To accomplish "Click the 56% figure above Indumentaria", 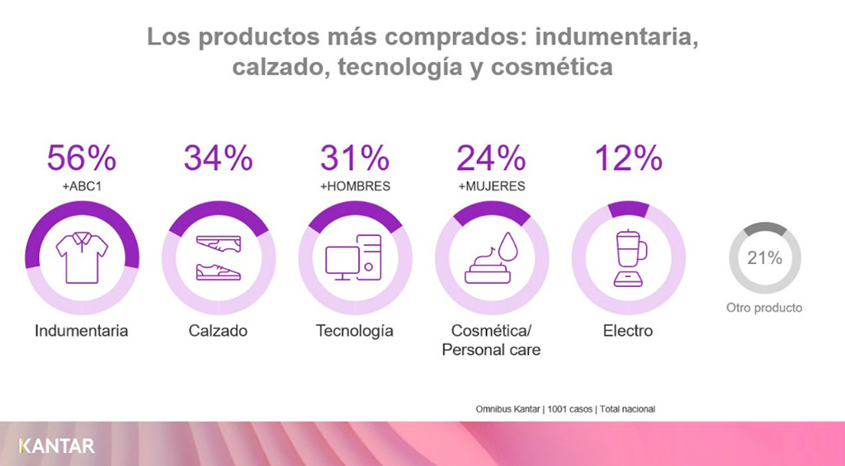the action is pyautogui.click(x=82, y=158).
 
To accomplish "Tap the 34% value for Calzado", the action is pyautogui.click(x=218, y=158).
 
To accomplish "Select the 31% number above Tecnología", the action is pyautogui.click(x=355, y=158).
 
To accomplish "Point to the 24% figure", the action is pyautogui.click(x=491, y=158).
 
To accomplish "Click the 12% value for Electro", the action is pyautogui.click(x=628, y=158).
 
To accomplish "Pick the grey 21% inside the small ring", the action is pyautogui.click(x=765, y=258).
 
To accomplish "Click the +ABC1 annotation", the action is pyautogui.click(x=82, y=186).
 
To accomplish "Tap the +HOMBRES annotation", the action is pyautogui.click(x=355, y=186).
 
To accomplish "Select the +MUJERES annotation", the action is pyautogui.click(x=492, y=186).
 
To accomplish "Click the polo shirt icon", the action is pyautogui.click(x=82, y=257).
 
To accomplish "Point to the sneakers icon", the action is pyautogui.click(x=218, y=258).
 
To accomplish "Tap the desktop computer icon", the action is pyautogui.click(x=353, y=257).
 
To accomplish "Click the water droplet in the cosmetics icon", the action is pyautogui.click(x=507, y=247).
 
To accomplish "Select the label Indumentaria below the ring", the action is pyautogui.click(x=82, y=330).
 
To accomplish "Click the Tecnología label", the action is pyautogui.click(x=355, y=331).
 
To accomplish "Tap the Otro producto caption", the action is pyautogui.click(x=764, y=308).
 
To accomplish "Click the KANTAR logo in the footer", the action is pyautogui.click(x=57, y=446).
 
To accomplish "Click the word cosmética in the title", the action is pyautogui.click(x=552, y=68).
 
